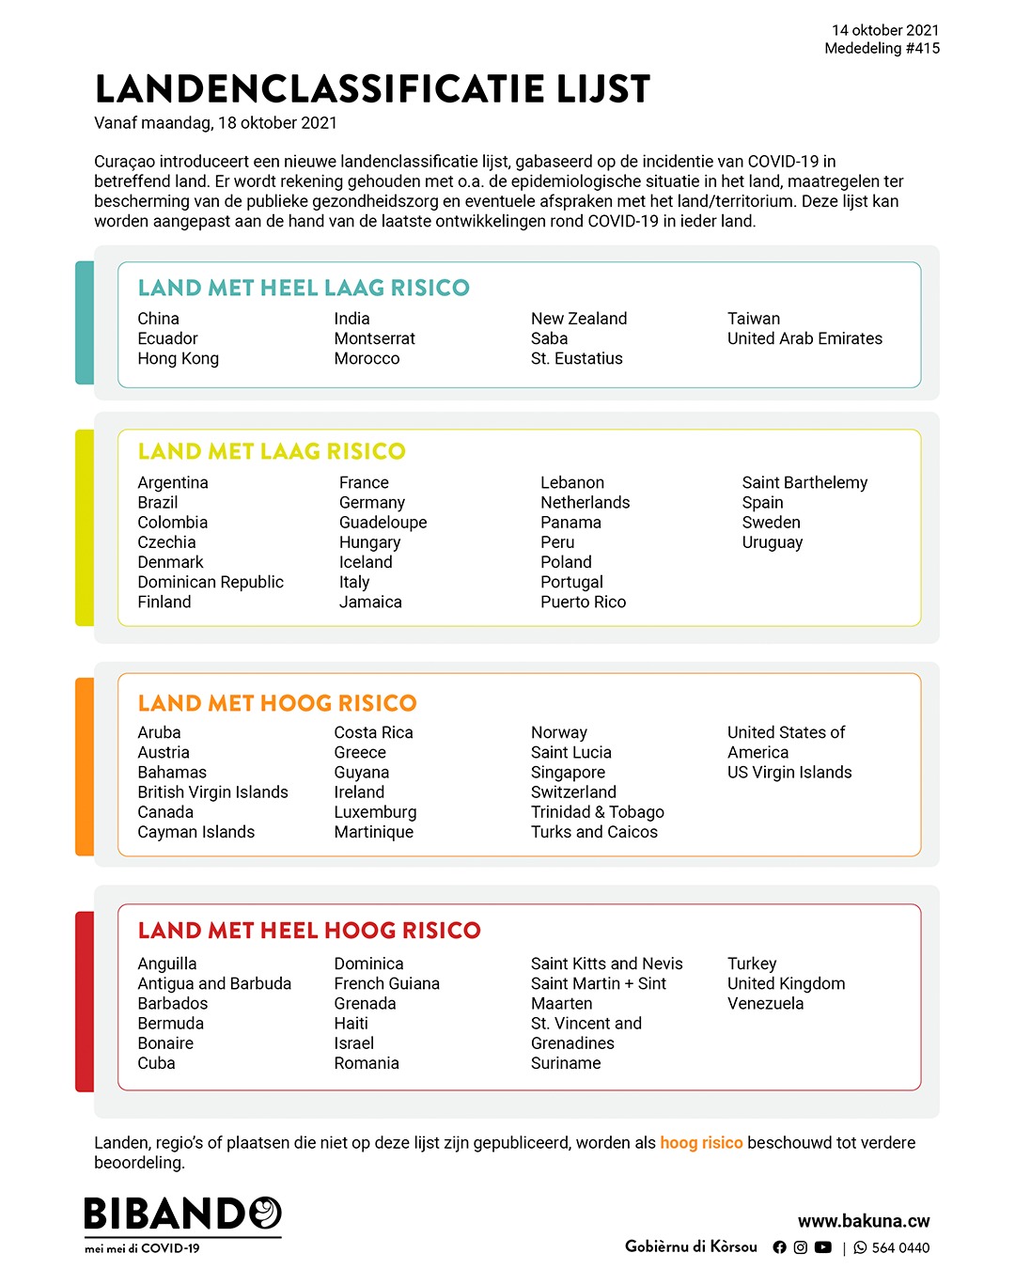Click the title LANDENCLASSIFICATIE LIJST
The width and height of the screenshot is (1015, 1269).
372,89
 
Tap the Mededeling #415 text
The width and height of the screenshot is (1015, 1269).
882,48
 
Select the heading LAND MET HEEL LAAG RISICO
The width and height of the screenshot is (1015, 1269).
304,288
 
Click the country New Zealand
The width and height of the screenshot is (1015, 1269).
578,319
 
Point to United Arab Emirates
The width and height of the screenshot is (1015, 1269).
804,338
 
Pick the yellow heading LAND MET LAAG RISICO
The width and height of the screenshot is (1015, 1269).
272,451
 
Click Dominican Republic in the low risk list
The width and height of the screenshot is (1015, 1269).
211,582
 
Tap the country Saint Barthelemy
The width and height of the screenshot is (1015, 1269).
804,482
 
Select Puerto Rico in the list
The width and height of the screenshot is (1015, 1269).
583,602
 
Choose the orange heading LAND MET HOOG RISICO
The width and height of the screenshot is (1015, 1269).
277,703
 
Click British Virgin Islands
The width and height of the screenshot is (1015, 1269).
212,792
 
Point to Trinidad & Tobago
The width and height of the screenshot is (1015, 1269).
597,812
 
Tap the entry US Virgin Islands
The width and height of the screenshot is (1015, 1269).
789,773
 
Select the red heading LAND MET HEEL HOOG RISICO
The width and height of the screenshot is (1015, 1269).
309,931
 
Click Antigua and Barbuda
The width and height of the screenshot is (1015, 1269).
214,983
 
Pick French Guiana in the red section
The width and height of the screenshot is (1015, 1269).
386,983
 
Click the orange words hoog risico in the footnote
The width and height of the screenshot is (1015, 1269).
701,1143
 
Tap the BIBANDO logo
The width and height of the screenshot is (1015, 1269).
182,1214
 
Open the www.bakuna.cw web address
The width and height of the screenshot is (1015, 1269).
864,1221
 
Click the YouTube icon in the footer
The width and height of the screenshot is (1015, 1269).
823,1247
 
